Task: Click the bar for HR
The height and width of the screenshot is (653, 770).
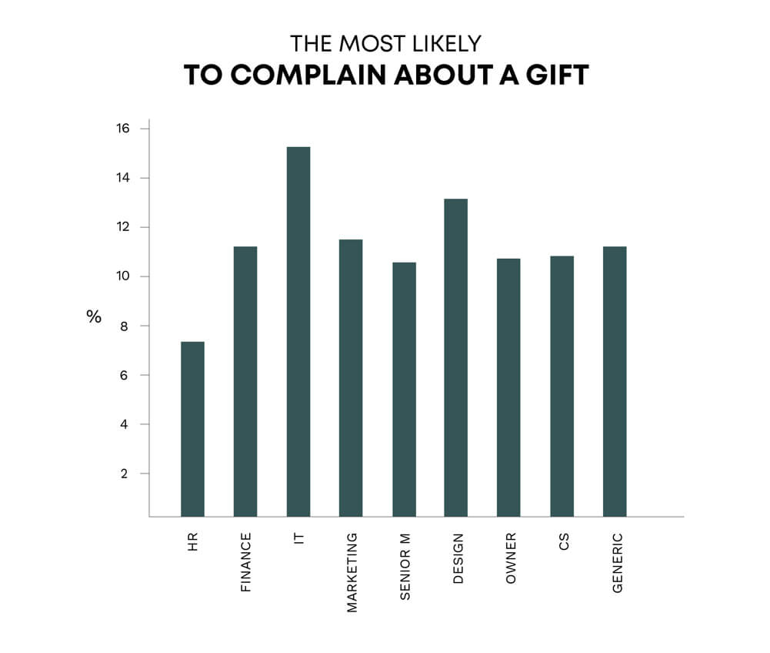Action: click(192, 428)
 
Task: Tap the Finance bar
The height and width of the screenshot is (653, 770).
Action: click(245, 381)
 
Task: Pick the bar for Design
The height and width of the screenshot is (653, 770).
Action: click(455, 357)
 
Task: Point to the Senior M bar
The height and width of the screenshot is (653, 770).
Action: click(404, 389)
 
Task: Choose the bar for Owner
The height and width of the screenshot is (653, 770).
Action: click(508, 387)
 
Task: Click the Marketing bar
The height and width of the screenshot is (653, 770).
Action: click(351, 377)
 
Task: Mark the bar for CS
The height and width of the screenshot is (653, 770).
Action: click(562, 386)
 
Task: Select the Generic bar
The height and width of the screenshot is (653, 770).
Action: click(615, 381)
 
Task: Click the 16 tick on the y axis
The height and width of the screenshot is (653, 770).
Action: click(124, 129)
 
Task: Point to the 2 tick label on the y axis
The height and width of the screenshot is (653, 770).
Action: click(124, 474)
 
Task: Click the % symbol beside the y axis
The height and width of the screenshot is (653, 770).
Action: click(94, 316)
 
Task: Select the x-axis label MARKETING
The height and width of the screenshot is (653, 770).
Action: click(352, 572)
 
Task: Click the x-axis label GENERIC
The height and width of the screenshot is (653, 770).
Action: click(617, 563)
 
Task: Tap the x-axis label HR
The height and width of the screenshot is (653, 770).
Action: click(192, 542)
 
